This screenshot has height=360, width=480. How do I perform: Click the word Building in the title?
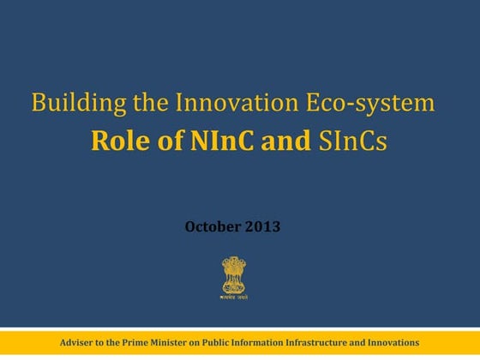coord(69,105)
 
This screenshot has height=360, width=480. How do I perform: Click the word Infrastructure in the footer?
coord(345,342)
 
